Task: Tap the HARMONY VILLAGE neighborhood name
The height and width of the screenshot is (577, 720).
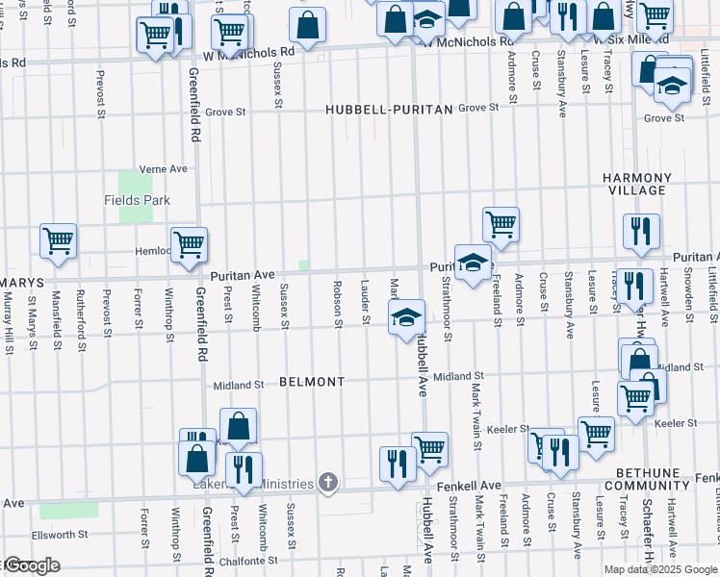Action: coord(636,185)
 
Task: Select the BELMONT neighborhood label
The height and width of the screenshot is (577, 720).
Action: coord(311,382)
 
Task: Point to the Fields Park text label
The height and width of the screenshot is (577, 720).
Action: coord(137,200)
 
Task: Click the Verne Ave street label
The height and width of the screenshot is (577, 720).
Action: coord(163,168)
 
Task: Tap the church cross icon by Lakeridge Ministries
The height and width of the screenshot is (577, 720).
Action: coord(328,483)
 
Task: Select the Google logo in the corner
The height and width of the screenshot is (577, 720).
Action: coord(31,566)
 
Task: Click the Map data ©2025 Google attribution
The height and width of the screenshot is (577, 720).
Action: coord(660,569)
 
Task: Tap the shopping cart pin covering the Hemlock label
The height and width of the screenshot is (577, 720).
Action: coord(189,244)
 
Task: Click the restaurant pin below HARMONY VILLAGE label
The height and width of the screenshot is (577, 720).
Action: coord(640,231)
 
